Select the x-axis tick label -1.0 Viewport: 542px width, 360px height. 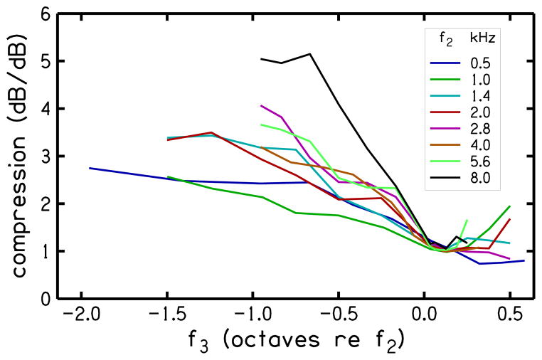(x=253, y=315)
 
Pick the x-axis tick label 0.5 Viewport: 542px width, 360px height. (x=509, y=315)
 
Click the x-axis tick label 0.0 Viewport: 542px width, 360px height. (x=424, y=315)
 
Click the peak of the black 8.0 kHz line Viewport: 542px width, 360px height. (x=310, y=54)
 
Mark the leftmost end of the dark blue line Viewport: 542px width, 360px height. (x=90, y=168)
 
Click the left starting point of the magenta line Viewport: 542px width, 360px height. (x=261, y=106)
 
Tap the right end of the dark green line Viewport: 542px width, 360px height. (x=510, y=206)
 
